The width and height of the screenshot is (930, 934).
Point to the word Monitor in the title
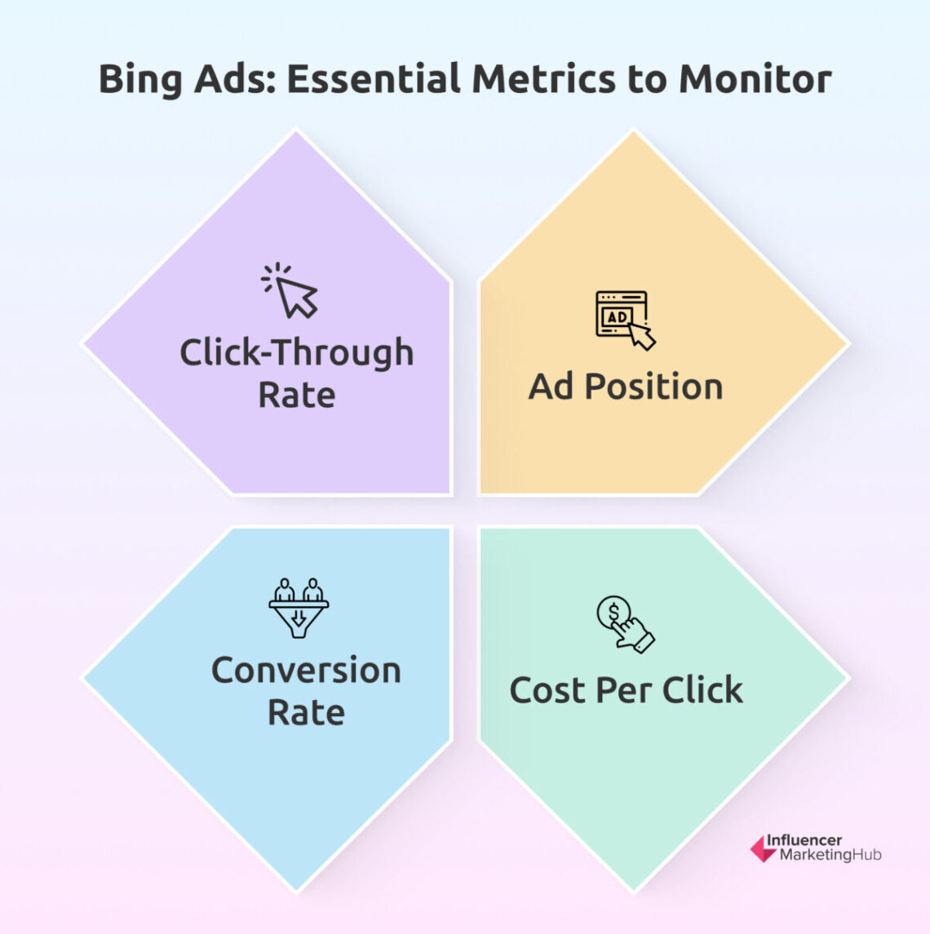point(755,79)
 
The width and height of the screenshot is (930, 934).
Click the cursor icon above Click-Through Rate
point(290,290)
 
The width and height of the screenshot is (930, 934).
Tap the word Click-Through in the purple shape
point(297,354)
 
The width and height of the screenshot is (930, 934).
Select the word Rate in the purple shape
point(297,396)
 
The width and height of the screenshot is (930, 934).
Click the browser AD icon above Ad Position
point(624,319)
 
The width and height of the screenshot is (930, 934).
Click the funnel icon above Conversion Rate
point(299,608)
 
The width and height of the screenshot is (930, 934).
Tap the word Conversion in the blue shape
point(306,671)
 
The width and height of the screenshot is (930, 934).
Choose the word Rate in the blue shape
point(306,713)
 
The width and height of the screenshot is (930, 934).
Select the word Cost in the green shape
point(547,690)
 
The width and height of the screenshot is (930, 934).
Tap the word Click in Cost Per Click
point(702,690)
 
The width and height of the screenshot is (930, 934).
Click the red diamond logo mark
point(763,849)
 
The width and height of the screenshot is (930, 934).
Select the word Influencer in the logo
point(804,840)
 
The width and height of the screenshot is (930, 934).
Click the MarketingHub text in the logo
point(830,856)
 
